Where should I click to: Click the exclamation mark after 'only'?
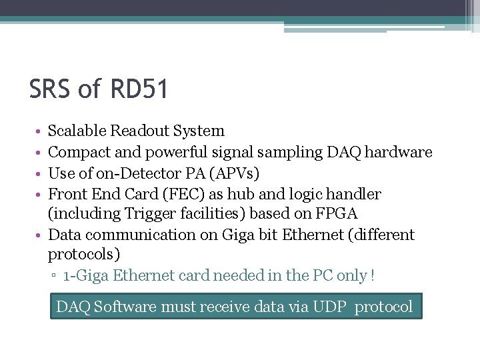(373, 275)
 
